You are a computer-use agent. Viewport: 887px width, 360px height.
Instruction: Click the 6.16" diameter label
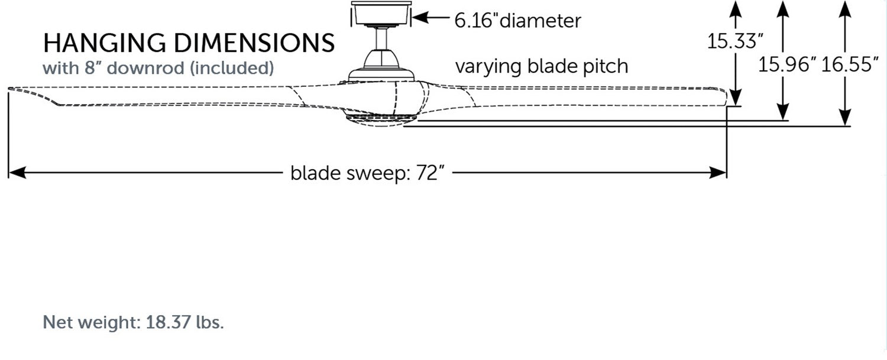pos(517,21)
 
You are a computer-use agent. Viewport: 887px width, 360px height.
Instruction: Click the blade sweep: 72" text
pos(367,173)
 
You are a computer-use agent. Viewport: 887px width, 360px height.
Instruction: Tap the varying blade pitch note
pos(541,66)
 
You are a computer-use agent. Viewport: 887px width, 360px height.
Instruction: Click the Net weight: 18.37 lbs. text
pos(133,323)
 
